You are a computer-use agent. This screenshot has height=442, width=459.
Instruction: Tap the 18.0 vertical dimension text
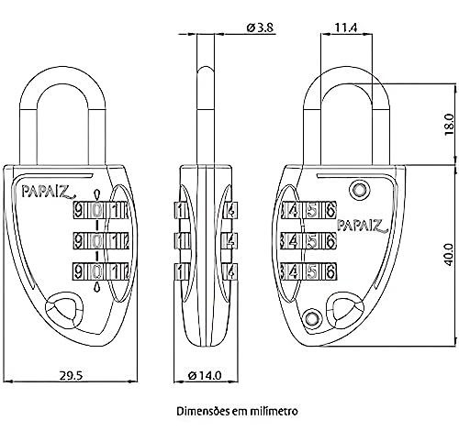(449, 123)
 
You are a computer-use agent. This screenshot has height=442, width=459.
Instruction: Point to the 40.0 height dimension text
(449, 249)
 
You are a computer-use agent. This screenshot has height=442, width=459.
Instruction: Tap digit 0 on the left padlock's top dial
(96, 210)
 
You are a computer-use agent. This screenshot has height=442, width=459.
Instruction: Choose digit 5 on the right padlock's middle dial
(312, 241)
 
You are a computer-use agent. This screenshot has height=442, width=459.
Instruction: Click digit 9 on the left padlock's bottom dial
(80, 271)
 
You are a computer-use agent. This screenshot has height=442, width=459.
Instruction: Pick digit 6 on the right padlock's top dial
(330, 210)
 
